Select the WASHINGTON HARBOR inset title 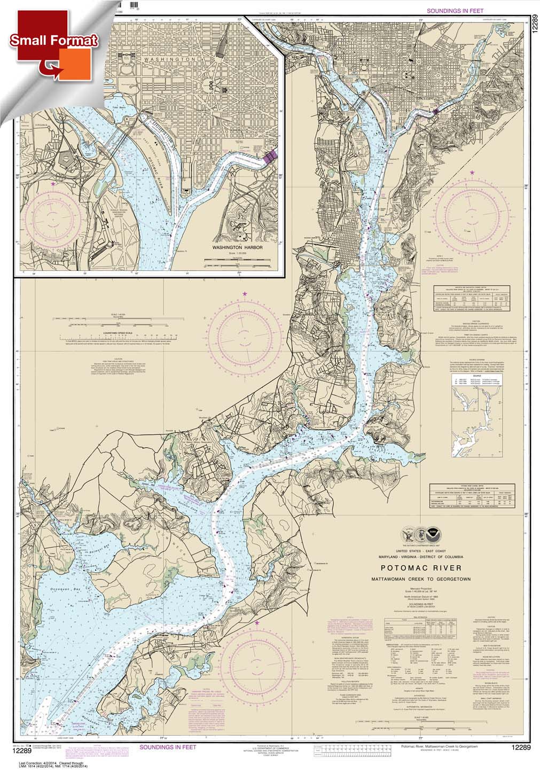234,248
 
